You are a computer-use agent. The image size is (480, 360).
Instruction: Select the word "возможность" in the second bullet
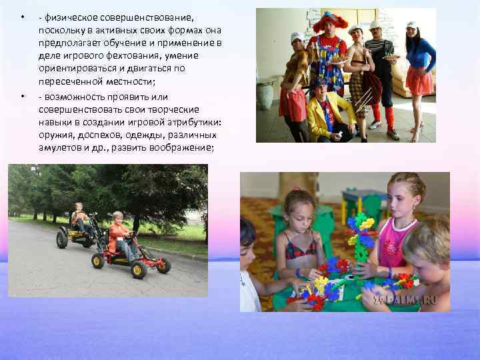(73, 97)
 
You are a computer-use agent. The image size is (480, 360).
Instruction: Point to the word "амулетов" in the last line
(59, 147)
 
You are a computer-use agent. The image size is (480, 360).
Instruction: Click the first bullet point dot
(22, 17)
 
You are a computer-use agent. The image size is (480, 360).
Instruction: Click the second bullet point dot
(22, 97)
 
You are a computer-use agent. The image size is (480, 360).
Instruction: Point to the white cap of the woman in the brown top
(297, 36)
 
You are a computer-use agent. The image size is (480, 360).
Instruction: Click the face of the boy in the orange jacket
(119, 219)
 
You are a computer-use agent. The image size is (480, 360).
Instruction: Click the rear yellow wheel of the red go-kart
(99, 260)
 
